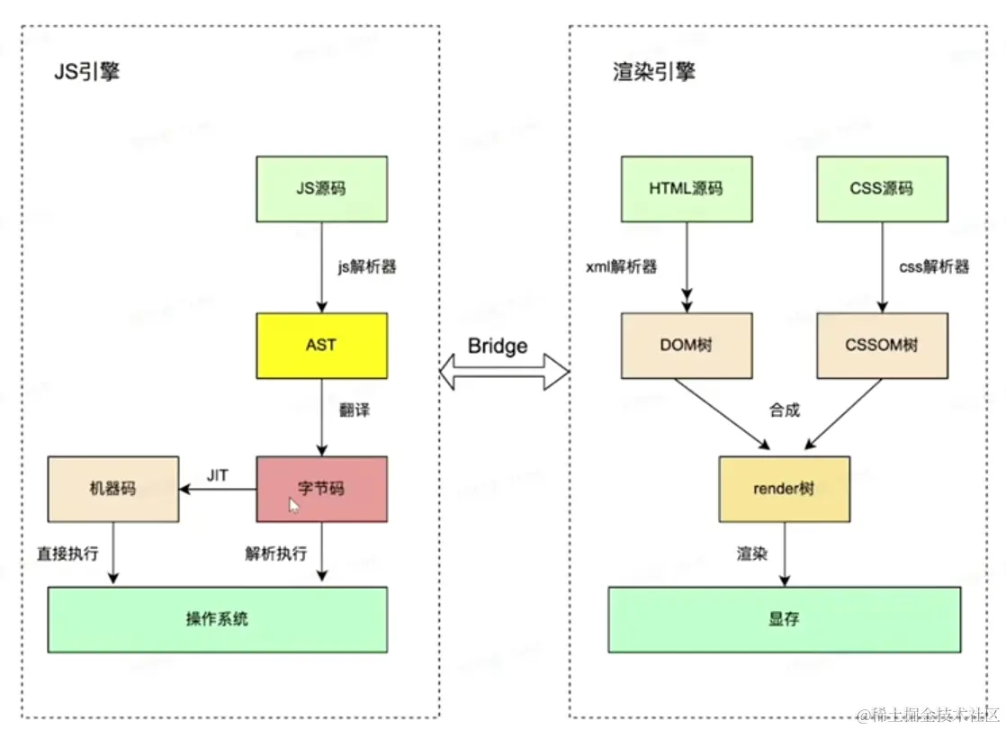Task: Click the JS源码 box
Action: click(321, 189)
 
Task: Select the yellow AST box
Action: click(321, 346)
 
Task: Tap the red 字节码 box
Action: click(321, 489)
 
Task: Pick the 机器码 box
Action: click(113, 489)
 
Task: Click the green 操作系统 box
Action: click(217, 619)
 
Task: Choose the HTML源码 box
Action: click(686, 189)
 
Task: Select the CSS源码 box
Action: click(881, 189)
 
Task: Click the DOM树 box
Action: click(686, 346)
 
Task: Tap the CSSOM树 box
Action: click(881, 346)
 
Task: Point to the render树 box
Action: click(784, 489)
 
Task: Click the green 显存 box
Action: click(784, 619)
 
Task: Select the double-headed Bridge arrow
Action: click(505, 372)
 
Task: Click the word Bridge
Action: click(498, 347)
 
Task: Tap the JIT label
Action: click(217, 475)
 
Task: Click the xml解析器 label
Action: click(621, 266)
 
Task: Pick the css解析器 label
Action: click(934, 266)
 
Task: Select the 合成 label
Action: click(785, 410)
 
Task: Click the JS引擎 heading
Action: click(86, 72)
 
